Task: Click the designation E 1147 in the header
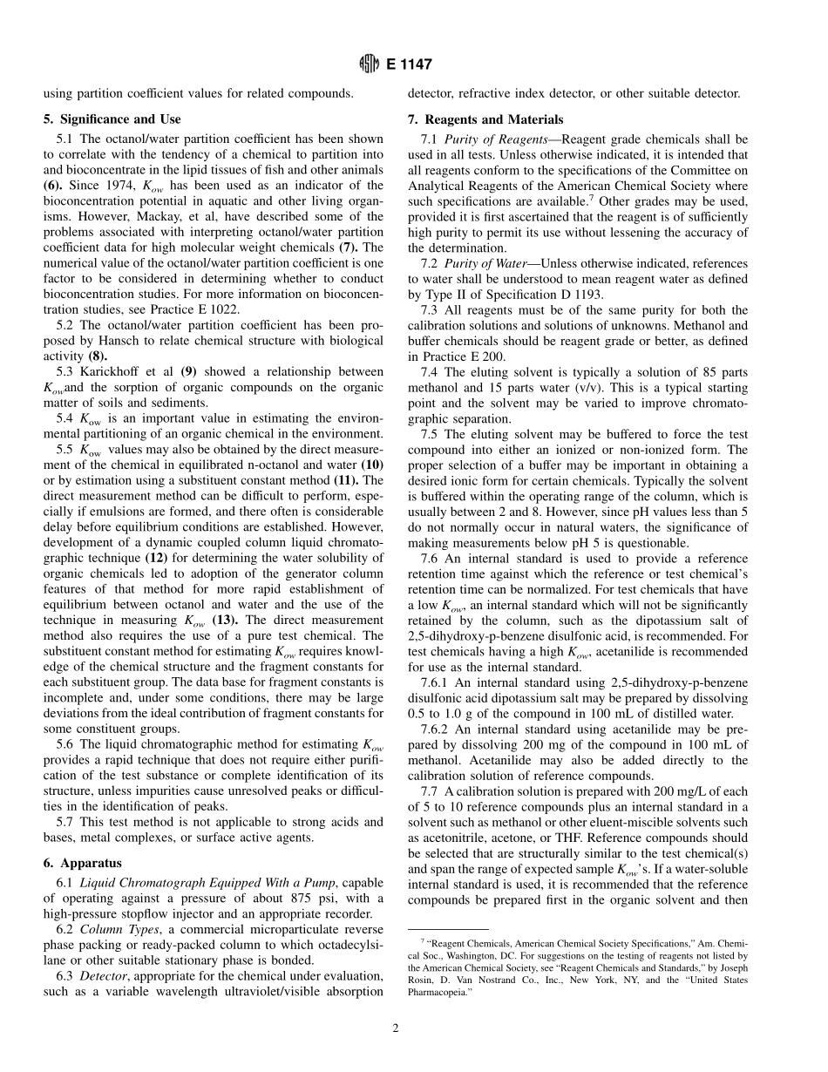(x=407, y=64)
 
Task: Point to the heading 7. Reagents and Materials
(x=485, y=119)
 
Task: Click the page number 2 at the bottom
(x=395, y=1028)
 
